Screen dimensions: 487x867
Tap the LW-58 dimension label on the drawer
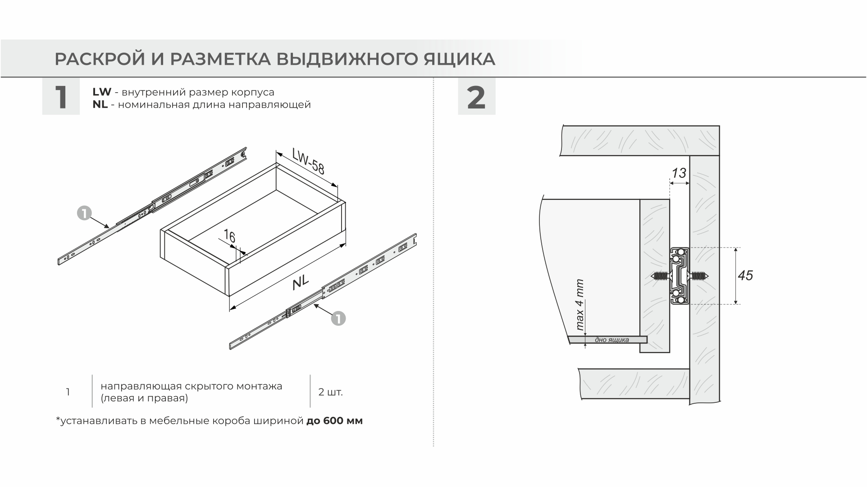coord(308,161)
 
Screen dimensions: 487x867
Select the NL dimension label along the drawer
coord(300,283)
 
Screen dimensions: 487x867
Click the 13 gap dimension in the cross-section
coord(679,173)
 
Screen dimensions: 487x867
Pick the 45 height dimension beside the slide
coord(745,275)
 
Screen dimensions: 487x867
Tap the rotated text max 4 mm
coord(580,305)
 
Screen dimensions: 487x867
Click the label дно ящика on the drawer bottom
coord(611,340)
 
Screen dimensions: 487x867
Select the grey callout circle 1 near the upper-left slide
coord(84,213)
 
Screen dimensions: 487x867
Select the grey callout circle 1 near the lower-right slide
coord(338,319)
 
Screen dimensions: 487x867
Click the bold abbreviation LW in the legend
coord(101,92)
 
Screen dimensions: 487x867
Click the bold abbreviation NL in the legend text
coord(100,105)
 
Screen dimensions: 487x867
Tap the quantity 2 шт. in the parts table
coord(330,392)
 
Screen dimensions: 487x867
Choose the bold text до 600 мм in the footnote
coord(334,421)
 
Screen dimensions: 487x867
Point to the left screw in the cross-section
coord(659,276)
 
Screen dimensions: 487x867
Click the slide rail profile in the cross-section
coord(679,276)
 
